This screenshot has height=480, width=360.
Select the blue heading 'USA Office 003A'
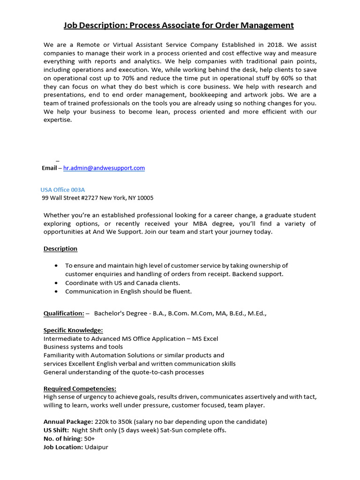point(63,190)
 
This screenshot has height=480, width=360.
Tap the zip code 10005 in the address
point(145,198)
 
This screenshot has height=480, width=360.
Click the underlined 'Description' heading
point(60,248)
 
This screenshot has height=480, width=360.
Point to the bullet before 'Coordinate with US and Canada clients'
point(56,283)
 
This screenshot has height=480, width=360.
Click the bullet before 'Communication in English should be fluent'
point(56,292)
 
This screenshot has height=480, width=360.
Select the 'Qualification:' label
point(64,313)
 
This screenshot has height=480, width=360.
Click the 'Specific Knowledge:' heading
point(73,330)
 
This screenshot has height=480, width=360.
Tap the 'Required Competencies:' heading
point(80,389)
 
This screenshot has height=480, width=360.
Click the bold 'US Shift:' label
point(56,430)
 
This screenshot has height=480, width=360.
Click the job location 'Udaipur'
point(97,447)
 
